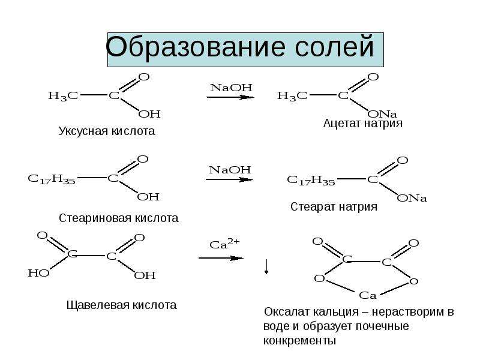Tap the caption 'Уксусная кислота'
tap(107, 131)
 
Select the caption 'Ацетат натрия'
tap(363, 123)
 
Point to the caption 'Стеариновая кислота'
tap(118, 218)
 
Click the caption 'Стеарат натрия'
tap(334, 206)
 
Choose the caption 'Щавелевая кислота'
tap(122, 305)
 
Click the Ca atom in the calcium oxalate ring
tap(367, 295)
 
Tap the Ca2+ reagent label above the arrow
tap(224, 244)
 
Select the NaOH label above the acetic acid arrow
tap(231, 88)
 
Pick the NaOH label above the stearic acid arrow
tap(230, 170)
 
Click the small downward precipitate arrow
tap(266, 266)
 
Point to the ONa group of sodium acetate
tap(382, 114)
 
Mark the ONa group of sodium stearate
tap(412, 198)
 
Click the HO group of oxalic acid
tap(38, 273)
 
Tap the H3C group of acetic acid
tap(63, 96)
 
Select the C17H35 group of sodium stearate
tap(311, 180)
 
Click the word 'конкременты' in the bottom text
tap(299, 341)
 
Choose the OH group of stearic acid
tap(148, 197)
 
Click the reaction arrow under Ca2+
tap(221, 258)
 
